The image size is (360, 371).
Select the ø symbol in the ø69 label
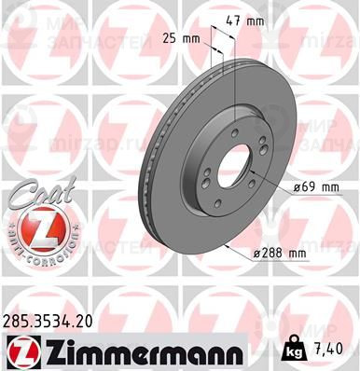(x=295, y=187)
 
